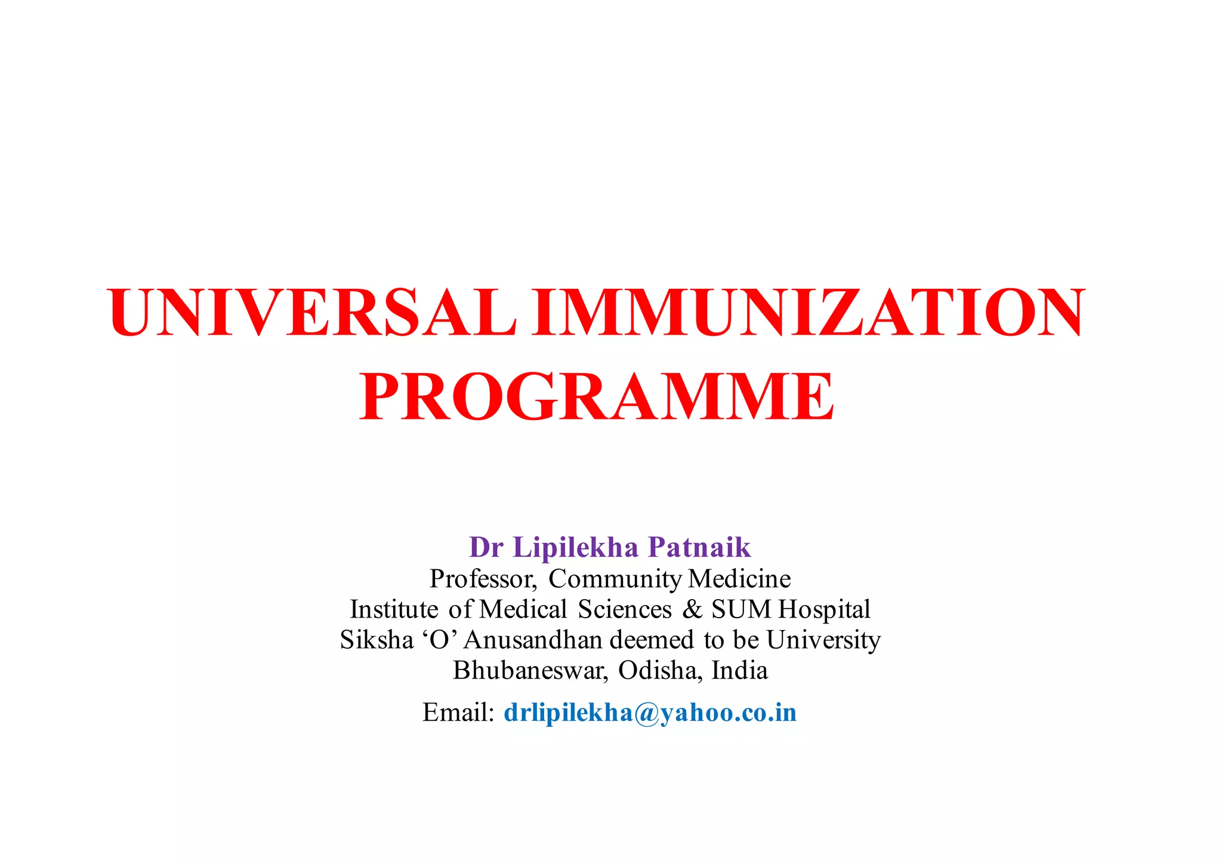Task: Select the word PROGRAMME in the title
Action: coord(596,397)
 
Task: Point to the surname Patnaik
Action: coord(699,547)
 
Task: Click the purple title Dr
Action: coord(486,547)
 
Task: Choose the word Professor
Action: coord(483,579)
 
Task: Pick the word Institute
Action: coord(394,610)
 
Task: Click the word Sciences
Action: coord(624,610)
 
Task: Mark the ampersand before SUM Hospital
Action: coord(692,610)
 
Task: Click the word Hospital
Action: coord(824,610)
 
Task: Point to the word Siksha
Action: coord(377,640)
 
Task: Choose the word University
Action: coord(823,640)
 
